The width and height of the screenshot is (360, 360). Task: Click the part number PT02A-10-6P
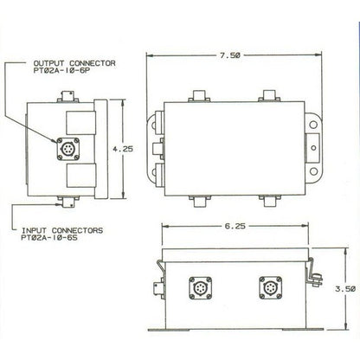pos(58,73)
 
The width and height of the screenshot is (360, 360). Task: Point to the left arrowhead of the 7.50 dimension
pos(146,55)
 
